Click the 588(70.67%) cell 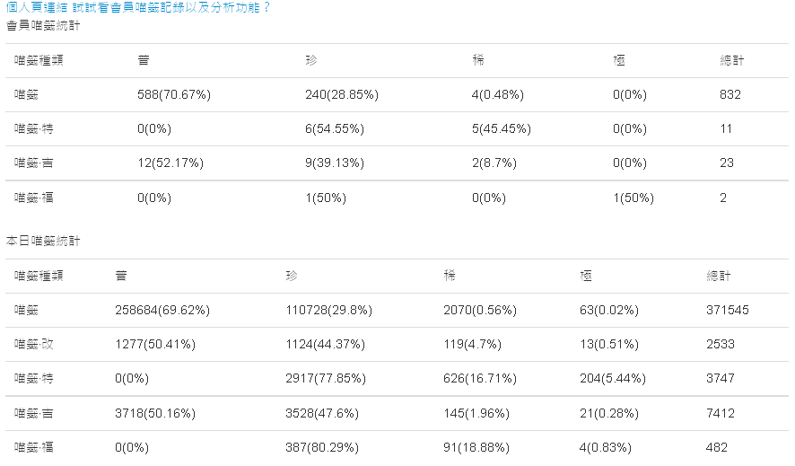170,94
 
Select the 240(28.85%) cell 341,94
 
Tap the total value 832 730,94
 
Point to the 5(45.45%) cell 502,128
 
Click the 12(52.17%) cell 170,163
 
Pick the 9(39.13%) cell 334,163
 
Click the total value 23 727,163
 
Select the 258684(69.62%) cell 162,310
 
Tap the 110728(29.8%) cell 328,310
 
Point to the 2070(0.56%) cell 481,310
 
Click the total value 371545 728,310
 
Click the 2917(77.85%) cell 325,378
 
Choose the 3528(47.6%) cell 321,412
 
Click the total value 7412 721,412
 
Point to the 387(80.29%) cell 321,446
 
